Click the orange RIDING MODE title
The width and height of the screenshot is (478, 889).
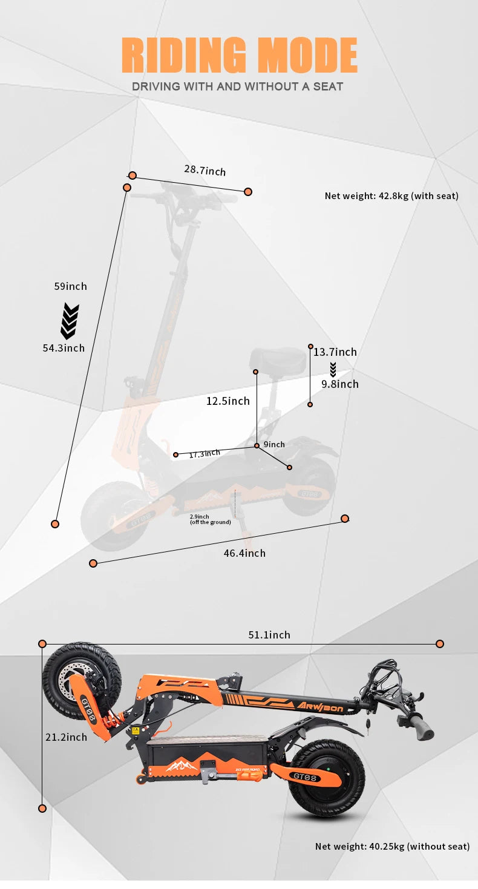239,55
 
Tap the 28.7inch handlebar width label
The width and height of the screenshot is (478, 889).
205,171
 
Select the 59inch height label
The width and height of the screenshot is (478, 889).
70,286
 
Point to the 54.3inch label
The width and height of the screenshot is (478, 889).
64,348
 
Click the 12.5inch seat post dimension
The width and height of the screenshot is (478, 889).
228,401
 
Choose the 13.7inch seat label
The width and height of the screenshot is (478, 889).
335,352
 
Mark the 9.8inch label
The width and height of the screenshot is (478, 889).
339,384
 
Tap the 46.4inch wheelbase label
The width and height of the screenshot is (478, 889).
244,553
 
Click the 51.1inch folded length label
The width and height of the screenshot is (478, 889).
269,635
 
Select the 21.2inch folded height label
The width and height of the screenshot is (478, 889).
66,737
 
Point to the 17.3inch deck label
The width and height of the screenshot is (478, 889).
204,454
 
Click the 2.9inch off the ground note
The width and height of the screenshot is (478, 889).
210,519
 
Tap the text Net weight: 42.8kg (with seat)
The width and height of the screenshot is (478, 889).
391,195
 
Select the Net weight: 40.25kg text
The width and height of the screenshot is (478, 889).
392,846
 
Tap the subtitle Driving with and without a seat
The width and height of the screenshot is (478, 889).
238,87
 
